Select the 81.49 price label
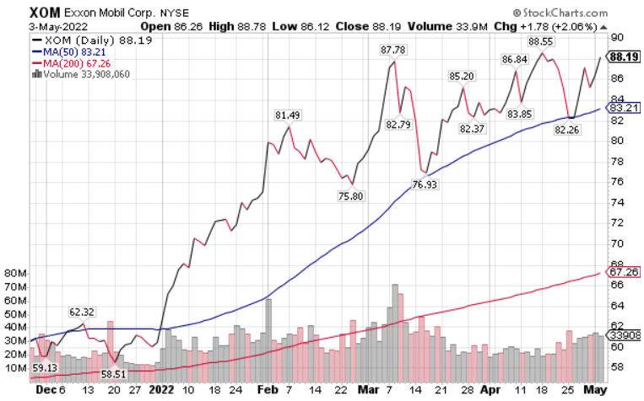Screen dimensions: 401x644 pos(288,115)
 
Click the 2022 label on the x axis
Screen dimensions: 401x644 pos(160,392)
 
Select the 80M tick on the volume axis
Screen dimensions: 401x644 pos(15,273)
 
